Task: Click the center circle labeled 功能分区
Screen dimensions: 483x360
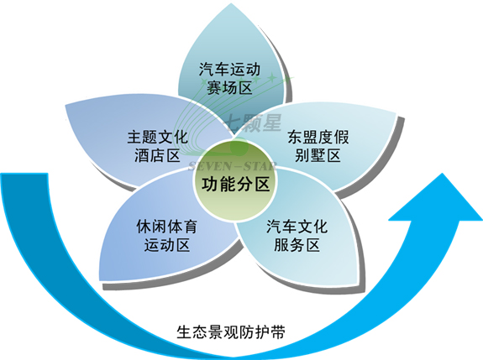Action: (235, 183)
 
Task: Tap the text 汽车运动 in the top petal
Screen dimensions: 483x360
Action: (229, 70)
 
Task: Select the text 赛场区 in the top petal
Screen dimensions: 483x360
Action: (229, 87)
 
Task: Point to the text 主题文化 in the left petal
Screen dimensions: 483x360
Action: (158, 137)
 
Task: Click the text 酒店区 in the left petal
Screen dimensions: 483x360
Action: (157, 155)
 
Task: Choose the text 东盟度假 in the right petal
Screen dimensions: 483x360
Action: (318, 137)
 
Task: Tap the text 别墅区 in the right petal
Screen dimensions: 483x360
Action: (318, 155)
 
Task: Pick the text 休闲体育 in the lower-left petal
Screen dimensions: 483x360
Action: (166, 227)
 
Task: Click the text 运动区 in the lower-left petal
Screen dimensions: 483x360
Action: (166, 245)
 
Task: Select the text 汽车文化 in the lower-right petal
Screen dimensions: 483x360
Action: (297, 227)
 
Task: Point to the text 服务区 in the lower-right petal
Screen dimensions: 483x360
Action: (297, 245)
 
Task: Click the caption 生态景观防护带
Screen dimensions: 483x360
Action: (231, 332)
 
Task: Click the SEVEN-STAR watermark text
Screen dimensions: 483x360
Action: (232, 166)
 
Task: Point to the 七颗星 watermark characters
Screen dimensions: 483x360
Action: (253, 123)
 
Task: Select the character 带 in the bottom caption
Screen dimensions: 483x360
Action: (277, 332)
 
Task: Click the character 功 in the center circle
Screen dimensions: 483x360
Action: (210, 185)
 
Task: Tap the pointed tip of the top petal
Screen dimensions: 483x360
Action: (231, 3)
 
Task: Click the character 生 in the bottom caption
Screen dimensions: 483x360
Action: (184, 332)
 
